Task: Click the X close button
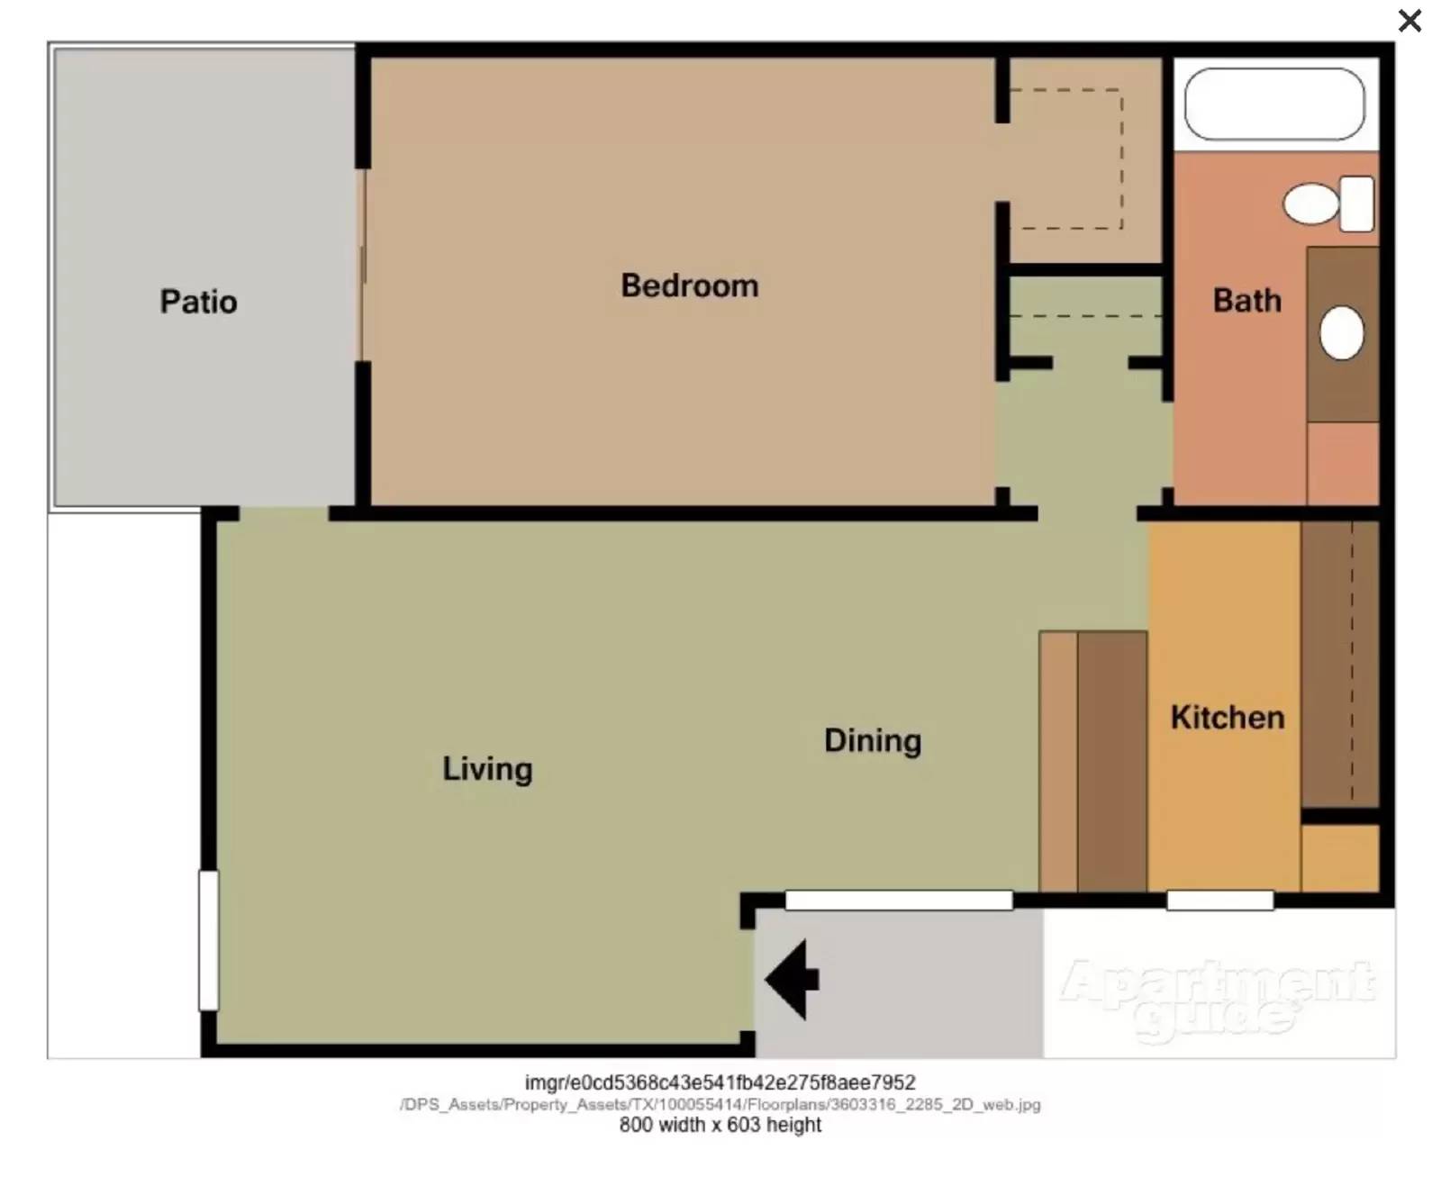click(x=1409, y=21)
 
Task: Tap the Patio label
click(x=198, y=301)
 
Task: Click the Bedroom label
click(x=689, y=285)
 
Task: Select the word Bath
click(x=1246, y=300)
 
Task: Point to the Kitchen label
click(x=1227, y=717)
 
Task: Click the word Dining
click(x=872, y=740)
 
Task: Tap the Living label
click(x=487, y=768)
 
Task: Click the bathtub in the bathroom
click(x=1273, y=104)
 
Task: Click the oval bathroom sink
click(x=1341, y=332)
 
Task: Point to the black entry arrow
click(x=792, y=979)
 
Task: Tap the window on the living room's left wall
click(x=208, y=939)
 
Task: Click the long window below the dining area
click(x=898, y=900)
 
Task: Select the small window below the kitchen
click(x=1219, y=900)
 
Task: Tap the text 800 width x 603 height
click(x=720, y=1125)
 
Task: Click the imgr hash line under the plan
click(x=720, y=1082)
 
